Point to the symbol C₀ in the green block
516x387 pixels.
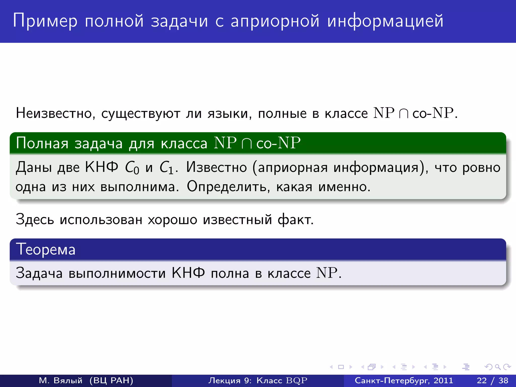point(132,168)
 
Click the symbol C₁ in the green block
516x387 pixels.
point(167,168)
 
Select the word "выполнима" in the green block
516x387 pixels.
point(139,187)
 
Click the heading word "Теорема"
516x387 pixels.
point(46,249)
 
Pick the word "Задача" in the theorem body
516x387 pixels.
point(39,273)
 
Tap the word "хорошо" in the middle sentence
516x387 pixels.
point(172,219)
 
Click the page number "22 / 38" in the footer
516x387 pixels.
point(493,380)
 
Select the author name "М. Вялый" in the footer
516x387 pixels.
point(60,380)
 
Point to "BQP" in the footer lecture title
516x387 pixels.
point(297,380)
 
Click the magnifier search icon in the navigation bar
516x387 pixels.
point(498,367)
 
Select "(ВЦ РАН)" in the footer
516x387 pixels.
point(111,380)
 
